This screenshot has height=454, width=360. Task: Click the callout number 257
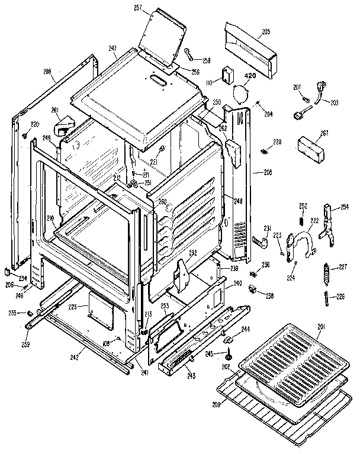pyautogui.click(x=138, y=9)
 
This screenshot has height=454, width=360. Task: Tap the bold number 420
pyautogui.click(x=250, y=76)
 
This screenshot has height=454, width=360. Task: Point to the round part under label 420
pyautogui.click(x=240, y=93)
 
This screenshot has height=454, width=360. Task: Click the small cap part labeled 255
pyautogui.click(x=28, y=312)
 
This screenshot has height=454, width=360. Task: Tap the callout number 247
pyautogui.click(x=112, y=49)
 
